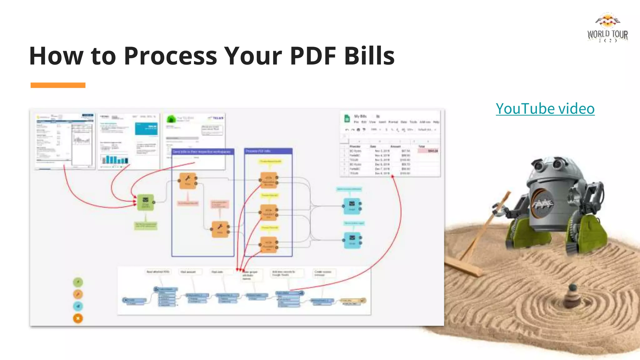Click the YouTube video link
click(545, 109)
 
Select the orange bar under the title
click(58, 85)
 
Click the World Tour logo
click(607, 28)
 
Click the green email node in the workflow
click(146, 202)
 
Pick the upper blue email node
click(352, 206)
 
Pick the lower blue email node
click(352, 240)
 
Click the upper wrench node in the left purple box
click(188, 181)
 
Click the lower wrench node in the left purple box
click(220, 229)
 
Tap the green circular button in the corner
click(78, 282)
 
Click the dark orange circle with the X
click(78, 318)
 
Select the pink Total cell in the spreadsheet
click(428, 151)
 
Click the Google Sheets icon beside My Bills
click(347, 118)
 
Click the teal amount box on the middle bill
click(146, 128)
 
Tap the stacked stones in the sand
click(572, 295)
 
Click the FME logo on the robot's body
click(543, 203)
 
